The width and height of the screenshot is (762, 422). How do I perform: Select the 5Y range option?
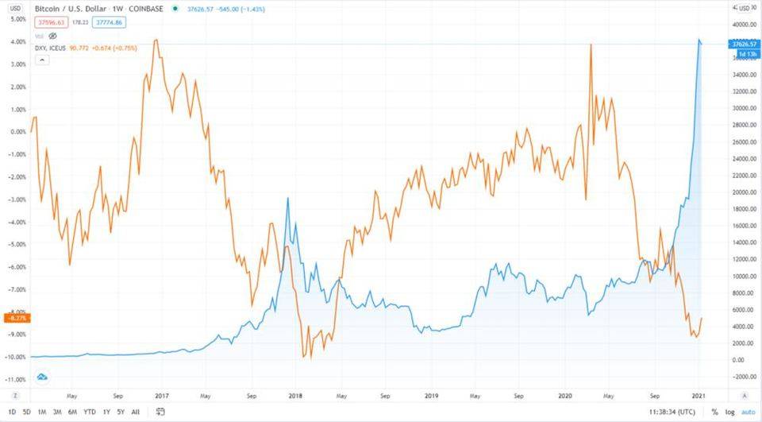pyautogui.click(x=120, y=411)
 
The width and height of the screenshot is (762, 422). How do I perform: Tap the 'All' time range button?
pyautogui.click(x=134, y=411)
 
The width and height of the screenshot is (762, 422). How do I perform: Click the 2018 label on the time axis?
pyautogui.click(x=294, y=394)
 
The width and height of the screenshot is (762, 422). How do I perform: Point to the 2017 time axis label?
pyautogui.click(x=162, y=394)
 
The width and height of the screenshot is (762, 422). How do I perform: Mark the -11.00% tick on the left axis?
pyautogui.click(x=16, y=380)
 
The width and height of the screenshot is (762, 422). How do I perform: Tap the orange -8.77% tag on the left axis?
pyautogui.click(x=16, y=318)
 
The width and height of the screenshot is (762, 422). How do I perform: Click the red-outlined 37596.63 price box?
pyautogui.click(x=50, y=23)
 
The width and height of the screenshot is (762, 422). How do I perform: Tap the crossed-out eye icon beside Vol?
pyautogui.click(x=53, y=36)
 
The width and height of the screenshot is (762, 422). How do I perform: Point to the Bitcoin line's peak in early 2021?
pyautogui.click(x=698, y=40)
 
